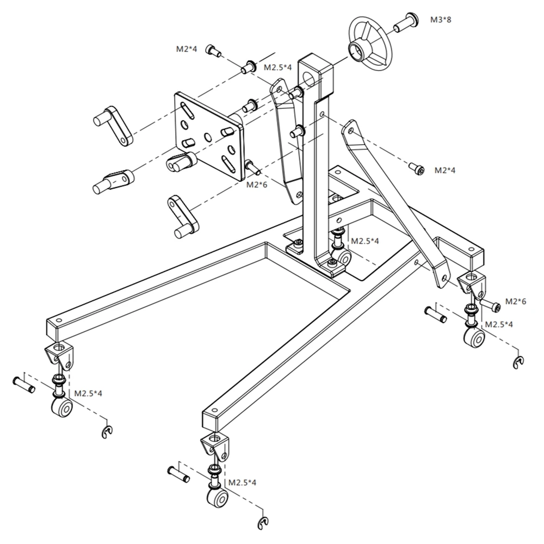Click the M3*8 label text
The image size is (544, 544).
pos(441,20)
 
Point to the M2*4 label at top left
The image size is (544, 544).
pos(186,49)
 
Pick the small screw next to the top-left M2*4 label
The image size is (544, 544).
pos(213,51)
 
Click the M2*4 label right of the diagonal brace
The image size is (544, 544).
pos(444,170)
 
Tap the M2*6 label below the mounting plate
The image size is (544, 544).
pos(257,184)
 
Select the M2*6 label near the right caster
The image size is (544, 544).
pos(516,301)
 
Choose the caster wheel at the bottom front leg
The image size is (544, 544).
pos(217,497)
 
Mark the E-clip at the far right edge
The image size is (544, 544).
pos(519,362)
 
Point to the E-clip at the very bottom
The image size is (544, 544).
pos(263,523)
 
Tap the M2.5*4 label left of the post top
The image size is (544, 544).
pos(278,68)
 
